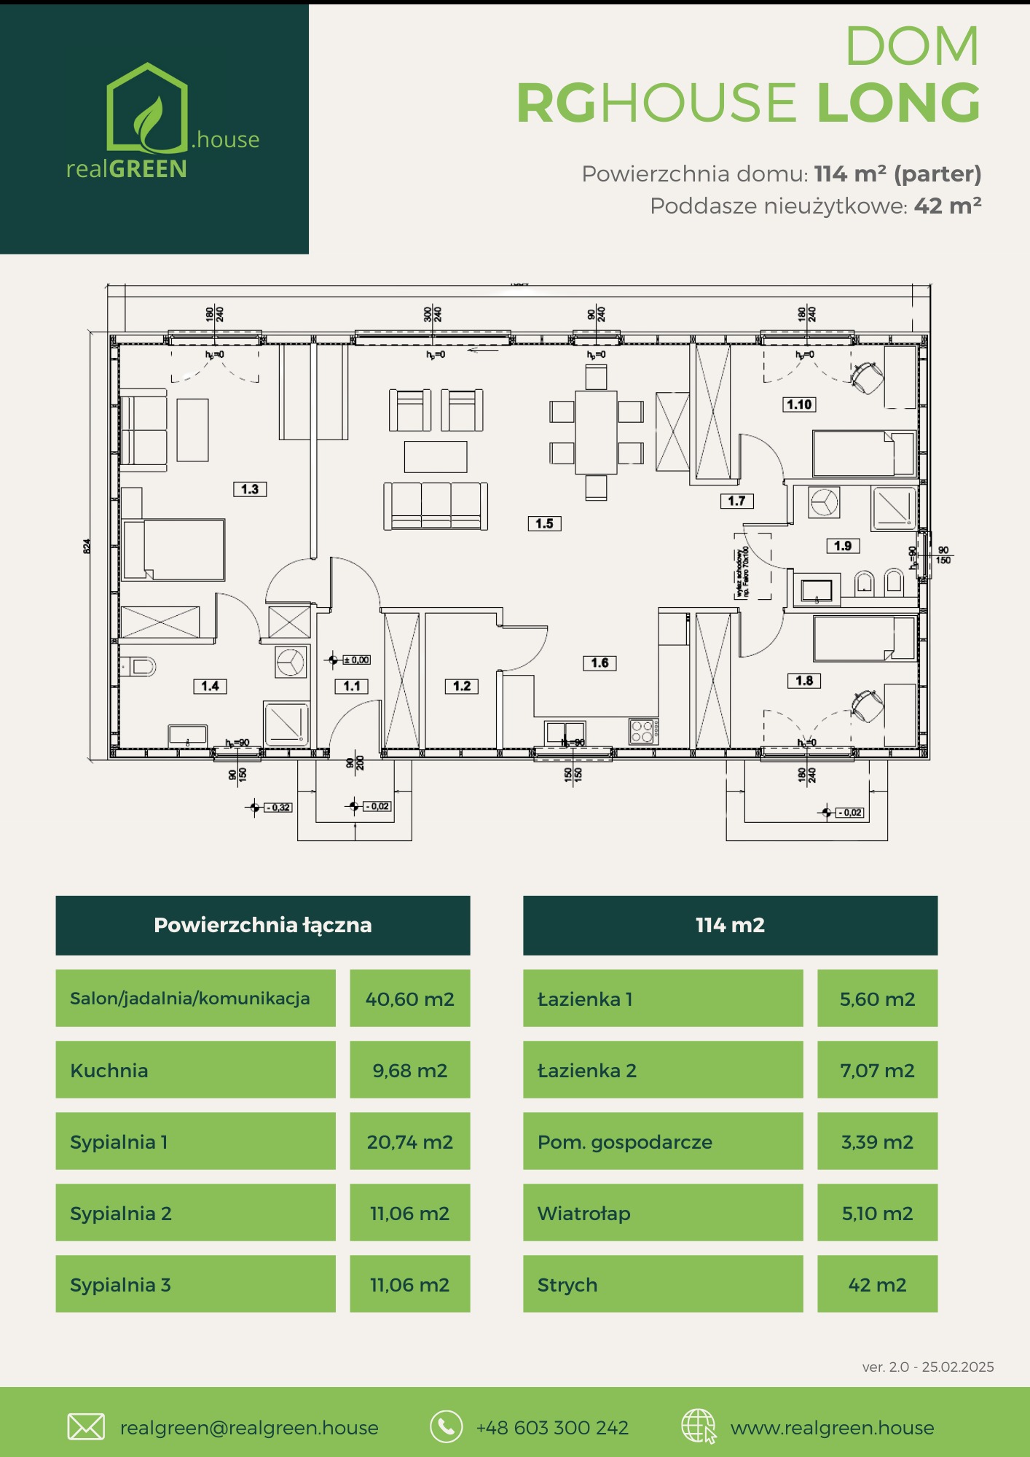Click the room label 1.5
544,523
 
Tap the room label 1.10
799,405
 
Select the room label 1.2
462,686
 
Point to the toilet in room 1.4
140,666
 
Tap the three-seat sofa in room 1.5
436,504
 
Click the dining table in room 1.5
597,432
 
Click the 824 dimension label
87,546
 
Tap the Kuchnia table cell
195,1070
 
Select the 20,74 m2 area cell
409,1141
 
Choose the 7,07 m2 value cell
877,1070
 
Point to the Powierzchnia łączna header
263,925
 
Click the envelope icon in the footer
86,1426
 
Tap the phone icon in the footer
446,1426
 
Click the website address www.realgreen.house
832,1427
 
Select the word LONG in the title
898,103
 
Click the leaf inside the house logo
150,120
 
